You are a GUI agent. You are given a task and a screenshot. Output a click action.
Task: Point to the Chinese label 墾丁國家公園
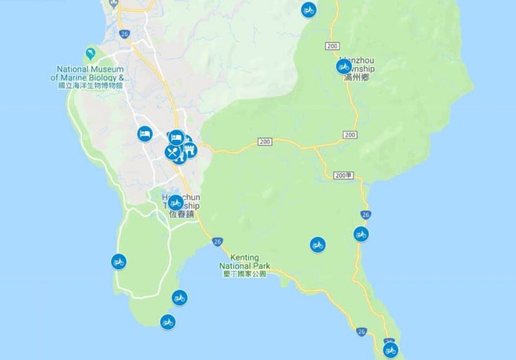[243, 274]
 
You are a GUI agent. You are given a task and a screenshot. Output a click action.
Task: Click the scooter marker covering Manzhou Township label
[343, 66]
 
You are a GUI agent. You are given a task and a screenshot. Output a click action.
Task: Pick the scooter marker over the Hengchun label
[175, 202]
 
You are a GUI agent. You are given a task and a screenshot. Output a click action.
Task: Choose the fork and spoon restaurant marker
[172, 152]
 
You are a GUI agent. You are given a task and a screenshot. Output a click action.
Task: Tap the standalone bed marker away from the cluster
[144, 134]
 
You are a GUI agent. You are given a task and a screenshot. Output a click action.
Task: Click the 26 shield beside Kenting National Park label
[217, 241]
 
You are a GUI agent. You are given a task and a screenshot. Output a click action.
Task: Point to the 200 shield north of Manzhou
[333, 46]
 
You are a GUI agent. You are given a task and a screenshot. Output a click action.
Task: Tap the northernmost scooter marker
[309, 9]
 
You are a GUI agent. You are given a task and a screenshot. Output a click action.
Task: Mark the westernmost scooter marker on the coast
[119, 261]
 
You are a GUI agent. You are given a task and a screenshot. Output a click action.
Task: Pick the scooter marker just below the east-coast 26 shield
[361, 234]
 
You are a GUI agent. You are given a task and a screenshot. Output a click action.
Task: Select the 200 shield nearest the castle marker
[264, 141]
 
